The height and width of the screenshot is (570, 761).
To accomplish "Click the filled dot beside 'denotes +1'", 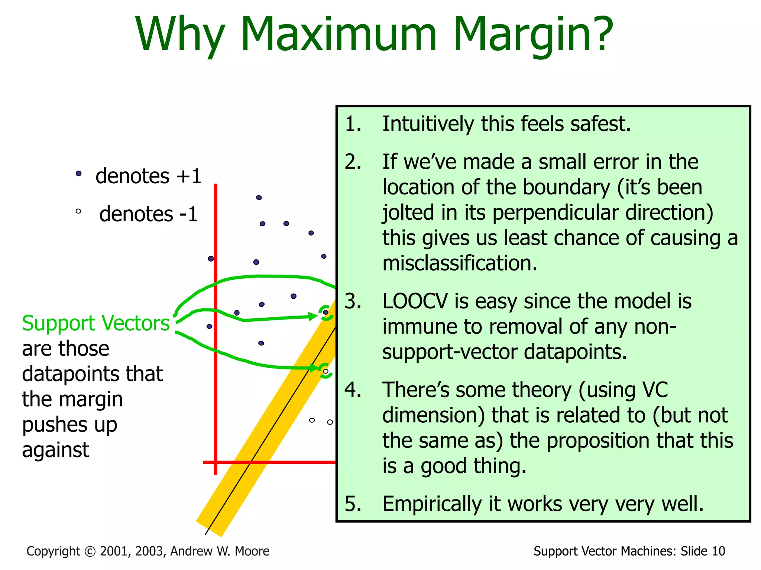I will pos(78,173).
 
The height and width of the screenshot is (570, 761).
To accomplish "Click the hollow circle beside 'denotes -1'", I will pos(78,212).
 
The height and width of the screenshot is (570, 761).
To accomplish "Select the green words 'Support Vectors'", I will pos(95,323).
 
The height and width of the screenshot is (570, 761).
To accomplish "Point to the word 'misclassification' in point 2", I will pos(460,263).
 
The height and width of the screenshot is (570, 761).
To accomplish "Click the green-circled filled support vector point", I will pos(326,312).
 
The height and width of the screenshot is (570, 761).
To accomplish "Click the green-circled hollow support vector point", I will pos(326,371).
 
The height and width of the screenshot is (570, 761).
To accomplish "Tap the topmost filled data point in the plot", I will pos(259,197).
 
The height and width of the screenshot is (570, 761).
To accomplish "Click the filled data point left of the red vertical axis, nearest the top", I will pos(211,258).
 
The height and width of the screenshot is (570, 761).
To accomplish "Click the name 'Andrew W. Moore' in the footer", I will pos(220,551).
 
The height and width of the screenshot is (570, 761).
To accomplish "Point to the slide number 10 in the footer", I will pos(718,551).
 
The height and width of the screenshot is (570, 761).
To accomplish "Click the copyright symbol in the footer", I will pos(90,551).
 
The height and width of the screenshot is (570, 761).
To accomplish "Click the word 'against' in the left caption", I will pos(55,450).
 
